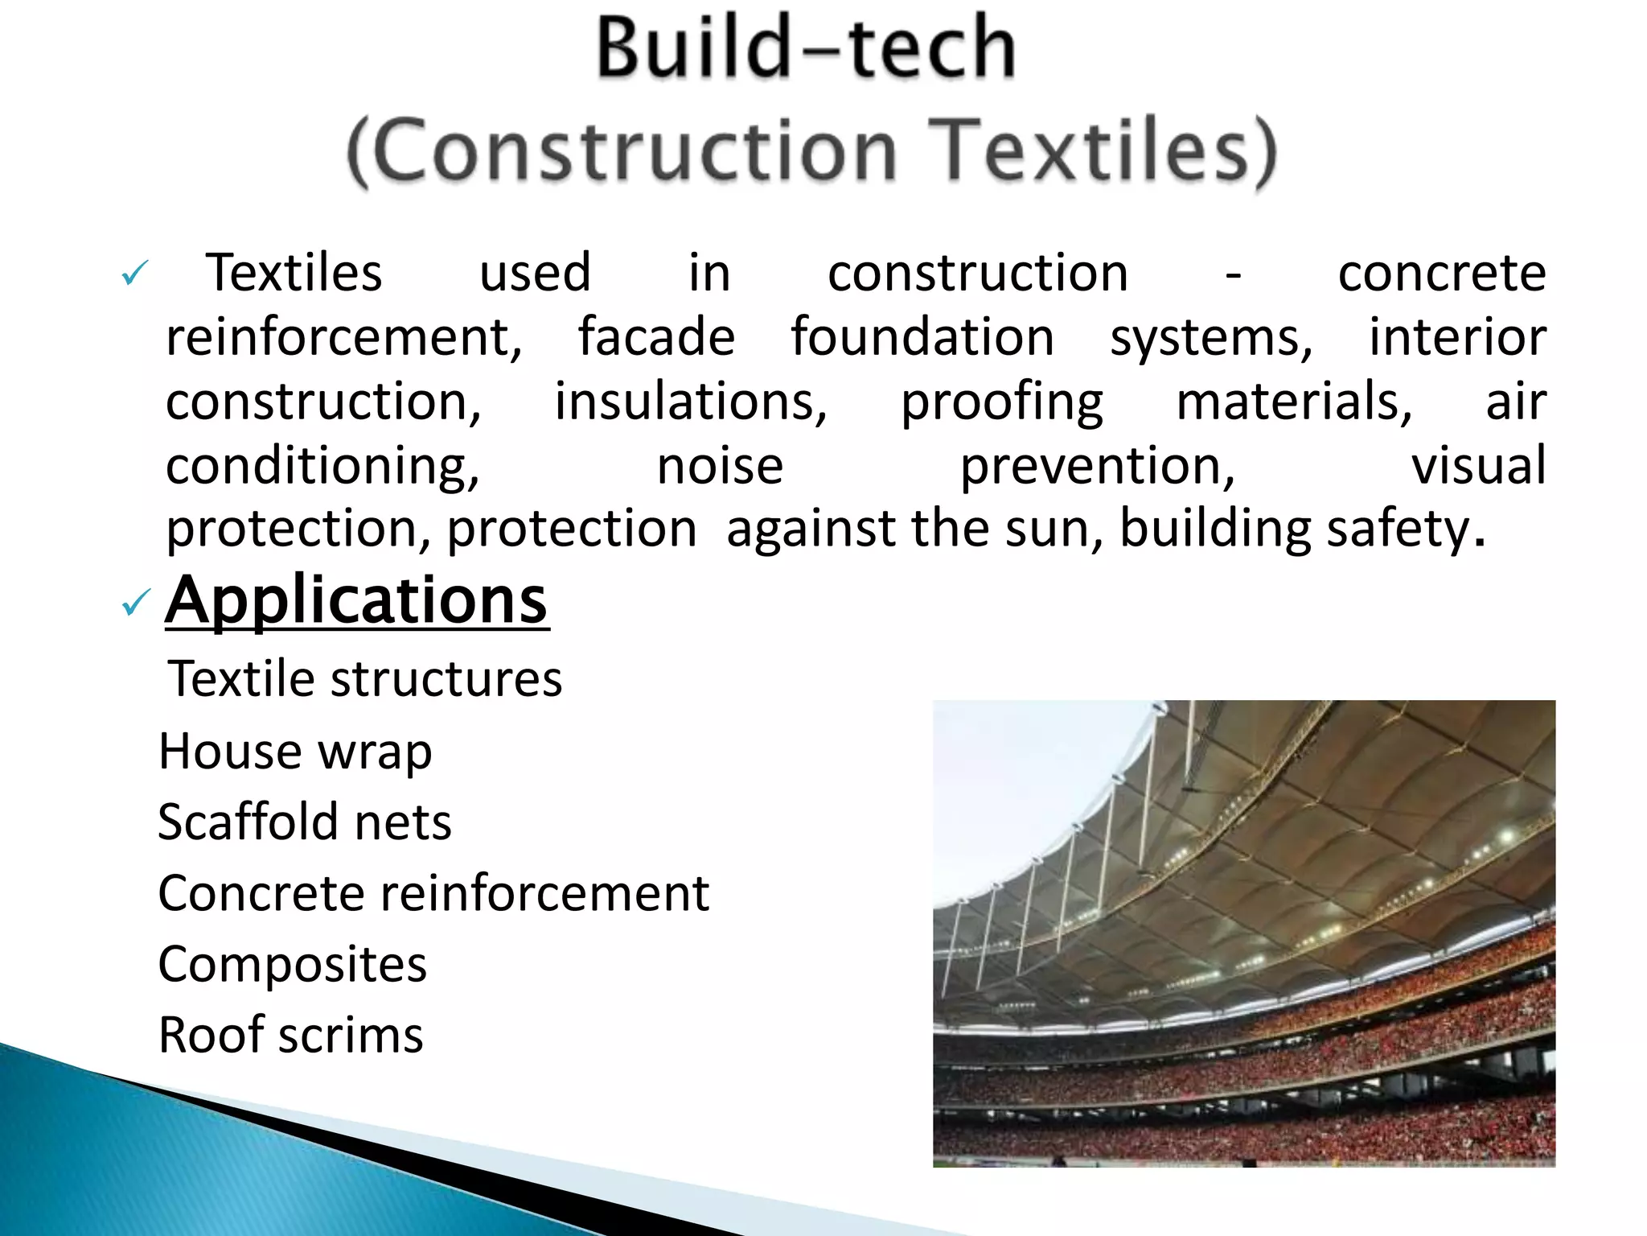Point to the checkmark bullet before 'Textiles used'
[134, 274]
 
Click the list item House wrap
[295, 752]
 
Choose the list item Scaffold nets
[304, 822]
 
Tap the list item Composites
[292, 964]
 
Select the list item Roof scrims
[290, 1035]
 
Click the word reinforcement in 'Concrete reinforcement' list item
[544, 893]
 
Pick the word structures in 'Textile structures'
[446, 679]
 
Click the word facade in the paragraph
[656, 336]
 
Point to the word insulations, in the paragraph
[691, 401]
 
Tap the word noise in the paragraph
[720, 465]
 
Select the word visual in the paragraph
[1478, 465]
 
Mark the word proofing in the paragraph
[1002, 402]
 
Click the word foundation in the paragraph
[922, 336]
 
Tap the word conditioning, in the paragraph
[322, 467]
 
